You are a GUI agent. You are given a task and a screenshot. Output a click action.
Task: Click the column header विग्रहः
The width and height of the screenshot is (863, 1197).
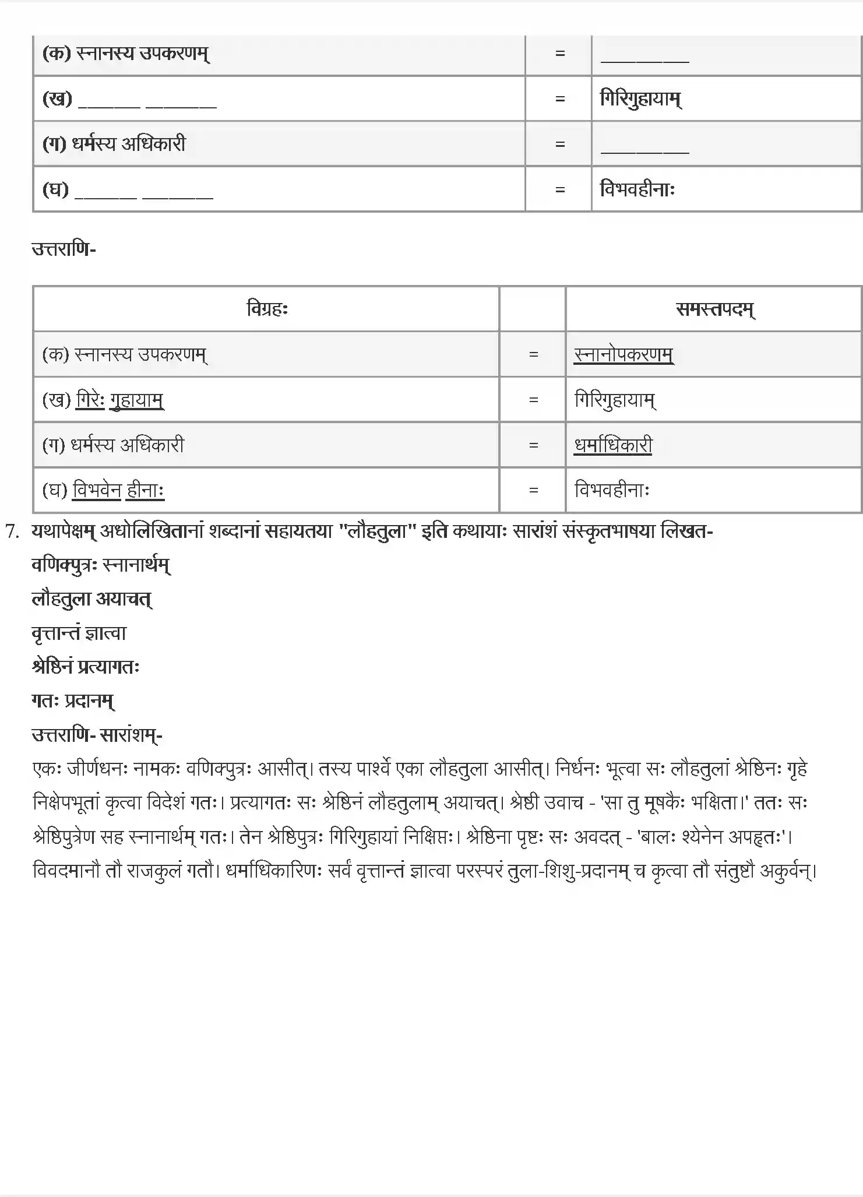267,309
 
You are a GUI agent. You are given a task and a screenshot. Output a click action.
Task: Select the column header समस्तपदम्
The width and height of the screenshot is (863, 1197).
715,309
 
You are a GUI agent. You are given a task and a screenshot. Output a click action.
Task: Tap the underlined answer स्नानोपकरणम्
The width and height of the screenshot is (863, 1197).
624,354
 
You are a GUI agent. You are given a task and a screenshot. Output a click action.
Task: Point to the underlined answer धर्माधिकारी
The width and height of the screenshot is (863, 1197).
613,445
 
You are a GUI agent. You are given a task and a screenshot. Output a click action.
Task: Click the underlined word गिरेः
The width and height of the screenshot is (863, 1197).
90,400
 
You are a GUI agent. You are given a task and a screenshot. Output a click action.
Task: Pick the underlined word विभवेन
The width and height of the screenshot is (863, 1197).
97,490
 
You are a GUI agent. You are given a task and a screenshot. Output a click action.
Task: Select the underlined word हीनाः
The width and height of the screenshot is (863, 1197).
145,490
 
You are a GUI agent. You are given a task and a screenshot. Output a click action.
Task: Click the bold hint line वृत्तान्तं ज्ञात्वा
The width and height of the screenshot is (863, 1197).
79,633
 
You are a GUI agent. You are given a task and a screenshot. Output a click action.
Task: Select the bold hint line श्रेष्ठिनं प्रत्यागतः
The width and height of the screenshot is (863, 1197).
86,667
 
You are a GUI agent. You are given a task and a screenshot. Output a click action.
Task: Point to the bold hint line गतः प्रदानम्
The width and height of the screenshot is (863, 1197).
73,700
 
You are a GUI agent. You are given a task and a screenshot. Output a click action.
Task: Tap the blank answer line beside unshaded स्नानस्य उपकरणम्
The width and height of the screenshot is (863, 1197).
644,58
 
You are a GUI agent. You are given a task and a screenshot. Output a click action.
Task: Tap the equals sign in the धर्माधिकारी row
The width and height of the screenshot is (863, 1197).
533,445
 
